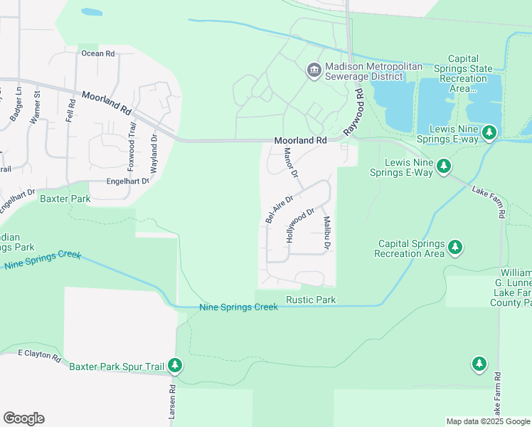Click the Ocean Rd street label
[x=97, y=53]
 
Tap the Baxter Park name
[x=65, y=199]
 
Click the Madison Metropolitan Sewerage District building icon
[x=313, y=70]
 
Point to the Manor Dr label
[x=292, y=164]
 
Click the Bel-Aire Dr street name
[x=279, y=210]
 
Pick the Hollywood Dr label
[x=300, y=225]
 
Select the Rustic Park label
[x=310, y=300]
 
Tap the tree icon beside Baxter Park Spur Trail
[x=175, y=367]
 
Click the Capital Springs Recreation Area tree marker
[x=455, y=248]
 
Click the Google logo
[x=23, y=418]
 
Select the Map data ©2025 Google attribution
[x=487, y=421]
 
